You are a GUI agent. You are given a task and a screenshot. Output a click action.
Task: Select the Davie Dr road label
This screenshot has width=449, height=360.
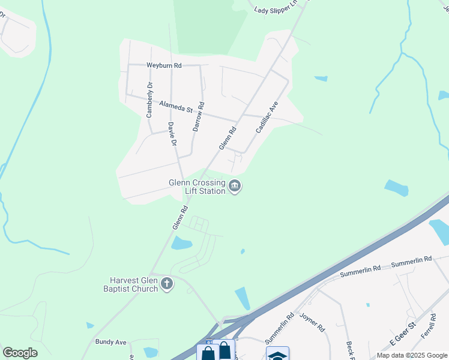[172, 134]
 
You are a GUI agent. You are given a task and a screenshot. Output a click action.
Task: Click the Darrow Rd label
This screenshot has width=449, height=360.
[197, 120]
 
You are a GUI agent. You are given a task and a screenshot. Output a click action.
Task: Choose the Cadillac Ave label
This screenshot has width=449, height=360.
[267, 116]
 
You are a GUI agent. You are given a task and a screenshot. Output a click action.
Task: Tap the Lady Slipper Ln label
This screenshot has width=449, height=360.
[276, 9]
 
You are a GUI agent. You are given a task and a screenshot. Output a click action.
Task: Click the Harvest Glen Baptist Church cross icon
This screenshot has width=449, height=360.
[167, 284]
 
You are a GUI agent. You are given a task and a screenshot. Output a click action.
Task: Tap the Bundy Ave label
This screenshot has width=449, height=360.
[110, 342]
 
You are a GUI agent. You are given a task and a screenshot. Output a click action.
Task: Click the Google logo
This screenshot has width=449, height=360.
[20, 352]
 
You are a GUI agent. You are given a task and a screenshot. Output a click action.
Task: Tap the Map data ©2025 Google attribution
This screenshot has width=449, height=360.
[412, 355]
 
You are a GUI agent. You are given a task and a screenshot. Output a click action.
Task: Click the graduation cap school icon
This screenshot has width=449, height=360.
[277, 355]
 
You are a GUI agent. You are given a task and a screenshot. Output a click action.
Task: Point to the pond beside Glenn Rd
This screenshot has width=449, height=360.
[181, 243]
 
